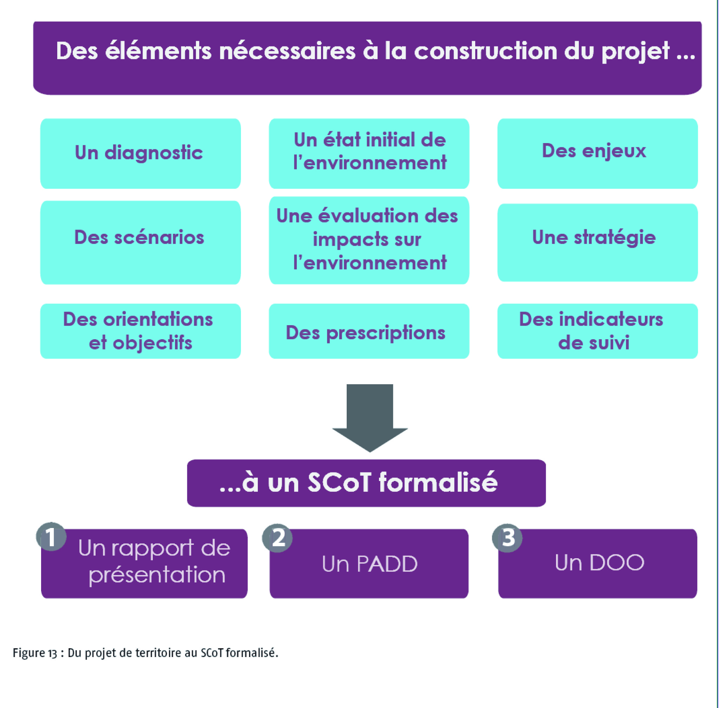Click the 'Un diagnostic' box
140,154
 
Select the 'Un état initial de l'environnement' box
369,154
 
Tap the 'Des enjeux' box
597,154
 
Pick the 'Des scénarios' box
140,243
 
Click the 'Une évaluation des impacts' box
369,240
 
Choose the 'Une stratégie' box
597,243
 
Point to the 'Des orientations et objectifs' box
140,331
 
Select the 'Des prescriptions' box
369,331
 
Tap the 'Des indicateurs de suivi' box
597,331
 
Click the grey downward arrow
370,418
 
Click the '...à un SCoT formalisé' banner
366,483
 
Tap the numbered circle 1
51,536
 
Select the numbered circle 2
277,538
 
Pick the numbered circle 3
507,538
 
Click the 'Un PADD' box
369,564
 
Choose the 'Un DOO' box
597,564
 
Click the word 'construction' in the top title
486,51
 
